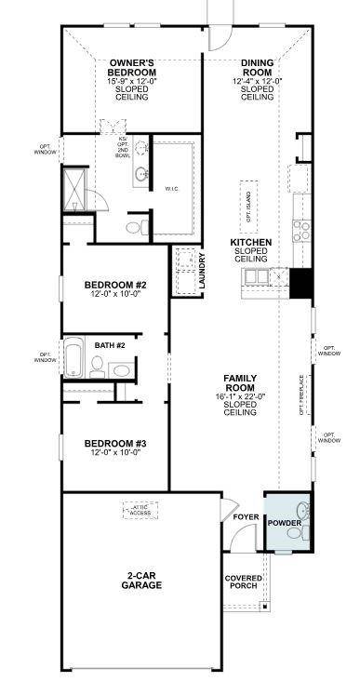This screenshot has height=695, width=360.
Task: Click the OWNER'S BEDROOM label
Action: (x=131, y=66)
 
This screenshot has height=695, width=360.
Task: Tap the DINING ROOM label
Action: (x=257, y=66)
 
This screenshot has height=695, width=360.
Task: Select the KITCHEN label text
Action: (x=251, y=242)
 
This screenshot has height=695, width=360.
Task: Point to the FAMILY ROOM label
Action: (x=239, y=382)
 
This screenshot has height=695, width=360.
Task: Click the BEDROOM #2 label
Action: (x=115, y=285)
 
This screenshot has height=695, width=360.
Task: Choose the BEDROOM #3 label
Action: (x=115, y=443)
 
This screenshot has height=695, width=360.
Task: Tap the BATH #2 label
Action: (x=110, y=345)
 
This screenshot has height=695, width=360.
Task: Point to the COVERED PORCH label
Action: (x=244, y=583)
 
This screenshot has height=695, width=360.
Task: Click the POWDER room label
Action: (x=284, y=524)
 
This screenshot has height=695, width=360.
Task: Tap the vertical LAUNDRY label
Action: (x=202, y=272)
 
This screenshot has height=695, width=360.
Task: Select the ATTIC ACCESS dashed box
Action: (x=141, y=510)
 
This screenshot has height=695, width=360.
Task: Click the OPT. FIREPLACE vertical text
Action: (x=300, y=395)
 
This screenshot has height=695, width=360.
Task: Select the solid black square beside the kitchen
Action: (x=300, y=282)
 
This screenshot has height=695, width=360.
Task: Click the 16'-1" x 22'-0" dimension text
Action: (x=239, y=395)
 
